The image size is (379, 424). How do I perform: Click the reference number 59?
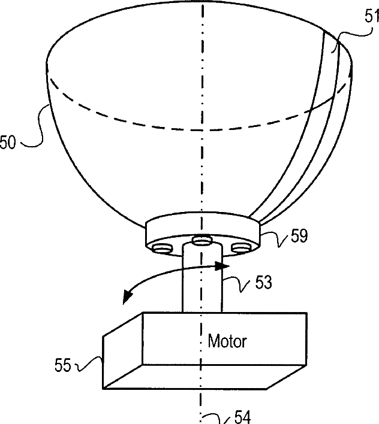[298, 237]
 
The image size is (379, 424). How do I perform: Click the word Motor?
[227, 342]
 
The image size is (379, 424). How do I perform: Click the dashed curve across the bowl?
[180, 126]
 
